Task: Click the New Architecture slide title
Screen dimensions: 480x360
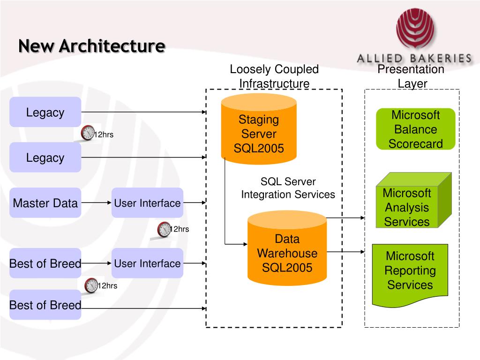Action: (92, 46)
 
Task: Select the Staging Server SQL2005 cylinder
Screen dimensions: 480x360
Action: (259, 129)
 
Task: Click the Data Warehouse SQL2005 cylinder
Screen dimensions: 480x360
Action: (287, 248)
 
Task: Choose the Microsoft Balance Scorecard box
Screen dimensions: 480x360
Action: (415, 129)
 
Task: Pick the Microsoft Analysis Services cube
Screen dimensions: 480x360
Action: (413, 200)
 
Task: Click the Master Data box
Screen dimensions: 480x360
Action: (45, 202)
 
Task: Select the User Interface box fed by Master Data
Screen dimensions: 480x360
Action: (147, 202)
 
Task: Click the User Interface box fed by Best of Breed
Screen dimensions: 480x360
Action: (147, 263)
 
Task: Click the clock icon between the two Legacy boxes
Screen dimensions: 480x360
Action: (88, 133)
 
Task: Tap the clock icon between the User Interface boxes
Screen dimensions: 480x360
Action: (164, 229)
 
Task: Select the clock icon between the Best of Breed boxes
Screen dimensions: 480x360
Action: (91, 285)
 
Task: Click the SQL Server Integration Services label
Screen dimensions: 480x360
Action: (288, 188)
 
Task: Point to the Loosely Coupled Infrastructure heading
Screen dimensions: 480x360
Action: (274, 76)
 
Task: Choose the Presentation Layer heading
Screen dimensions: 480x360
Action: (411, 76)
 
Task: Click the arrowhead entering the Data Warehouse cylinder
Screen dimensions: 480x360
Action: (245, 244)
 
